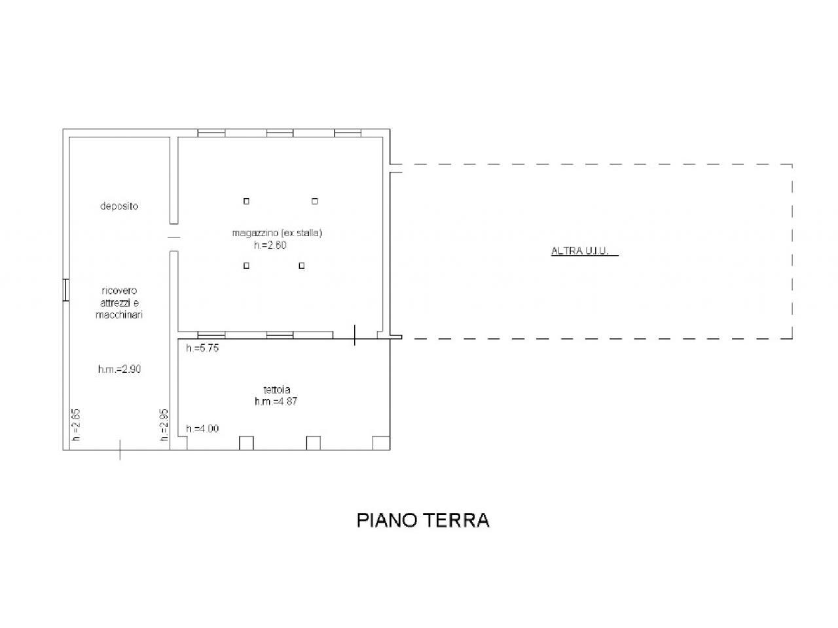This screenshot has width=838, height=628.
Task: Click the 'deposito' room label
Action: pos(118,206)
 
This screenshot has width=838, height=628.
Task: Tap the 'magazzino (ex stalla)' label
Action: pos(277,233)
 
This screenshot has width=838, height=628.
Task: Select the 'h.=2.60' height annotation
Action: pos(270,245)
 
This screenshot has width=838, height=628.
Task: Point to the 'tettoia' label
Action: pos(277,389)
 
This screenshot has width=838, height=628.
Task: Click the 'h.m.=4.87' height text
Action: pos(276,401)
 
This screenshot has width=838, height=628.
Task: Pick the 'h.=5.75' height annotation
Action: pos(202,348)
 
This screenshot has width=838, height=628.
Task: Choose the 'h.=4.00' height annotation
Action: pos(202,428)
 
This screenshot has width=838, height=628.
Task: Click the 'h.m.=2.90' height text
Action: pos(120,369)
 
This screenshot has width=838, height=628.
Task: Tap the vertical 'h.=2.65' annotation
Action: pos(76,425)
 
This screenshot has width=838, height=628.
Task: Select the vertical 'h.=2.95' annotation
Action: pos(164,425)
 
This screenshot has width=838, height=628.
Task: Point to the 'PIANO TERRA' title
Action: pos(423,520)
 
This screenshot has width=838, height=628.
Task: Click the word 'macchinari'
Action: pos(118,315)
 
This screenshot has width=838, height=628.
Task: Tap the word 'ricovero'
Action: pos(119,290)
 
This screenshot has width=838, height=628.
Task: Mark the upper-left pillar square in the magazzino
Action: pos(246,201)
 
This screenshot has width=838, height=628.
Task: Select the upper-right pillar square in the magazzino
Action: pos(315,201)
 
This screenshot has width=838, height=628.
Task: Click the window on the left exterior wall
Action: pos(66,290)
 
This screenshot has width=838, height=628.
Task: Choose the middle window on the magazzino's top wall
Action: pos(280,133)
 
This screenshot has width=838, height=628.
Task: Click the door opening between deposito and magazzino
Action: pos(173,237)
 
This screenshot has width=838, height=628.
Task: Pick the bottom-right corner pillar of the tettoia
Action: pos(381,443)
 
